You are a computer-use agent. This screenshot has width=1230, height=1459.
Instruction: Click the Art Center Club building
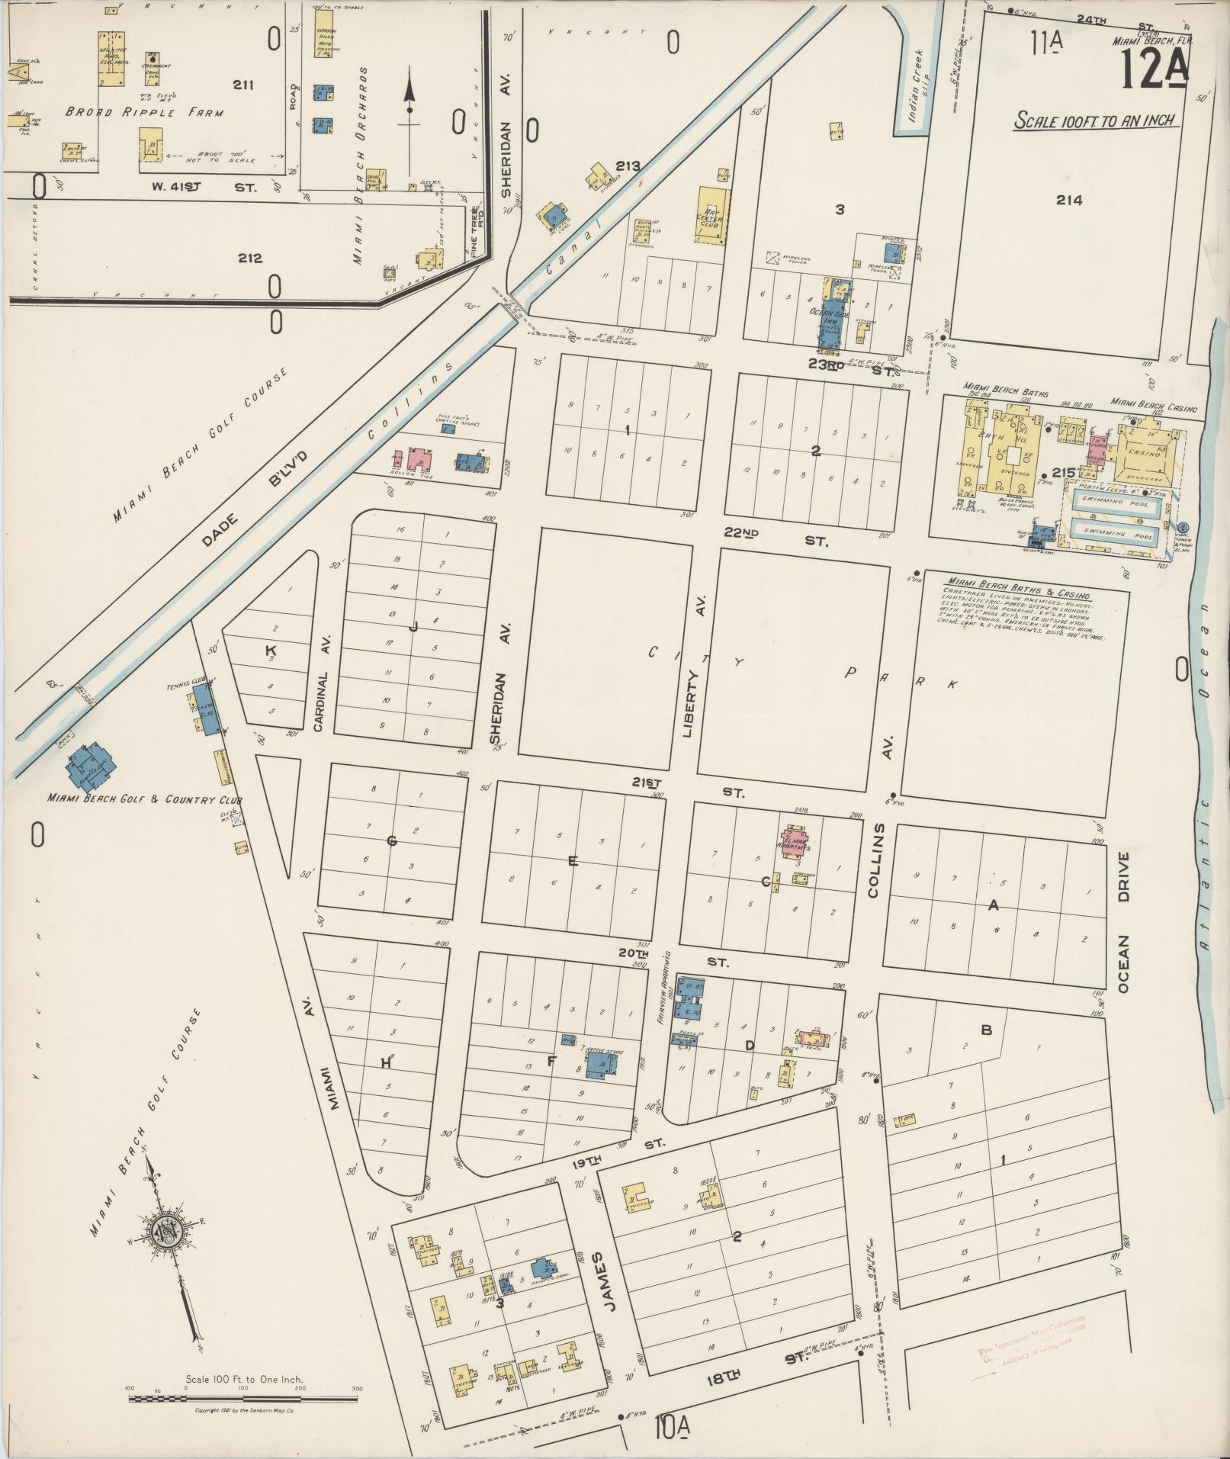712,216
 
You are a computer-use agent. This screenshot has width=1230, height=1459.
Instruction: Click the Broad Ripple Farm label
144,112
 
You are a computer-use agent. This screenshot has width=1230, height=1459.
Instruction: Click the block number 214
1069,200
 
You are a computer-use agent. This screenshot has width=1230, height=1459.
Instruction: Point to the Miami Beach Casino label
1153,401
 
